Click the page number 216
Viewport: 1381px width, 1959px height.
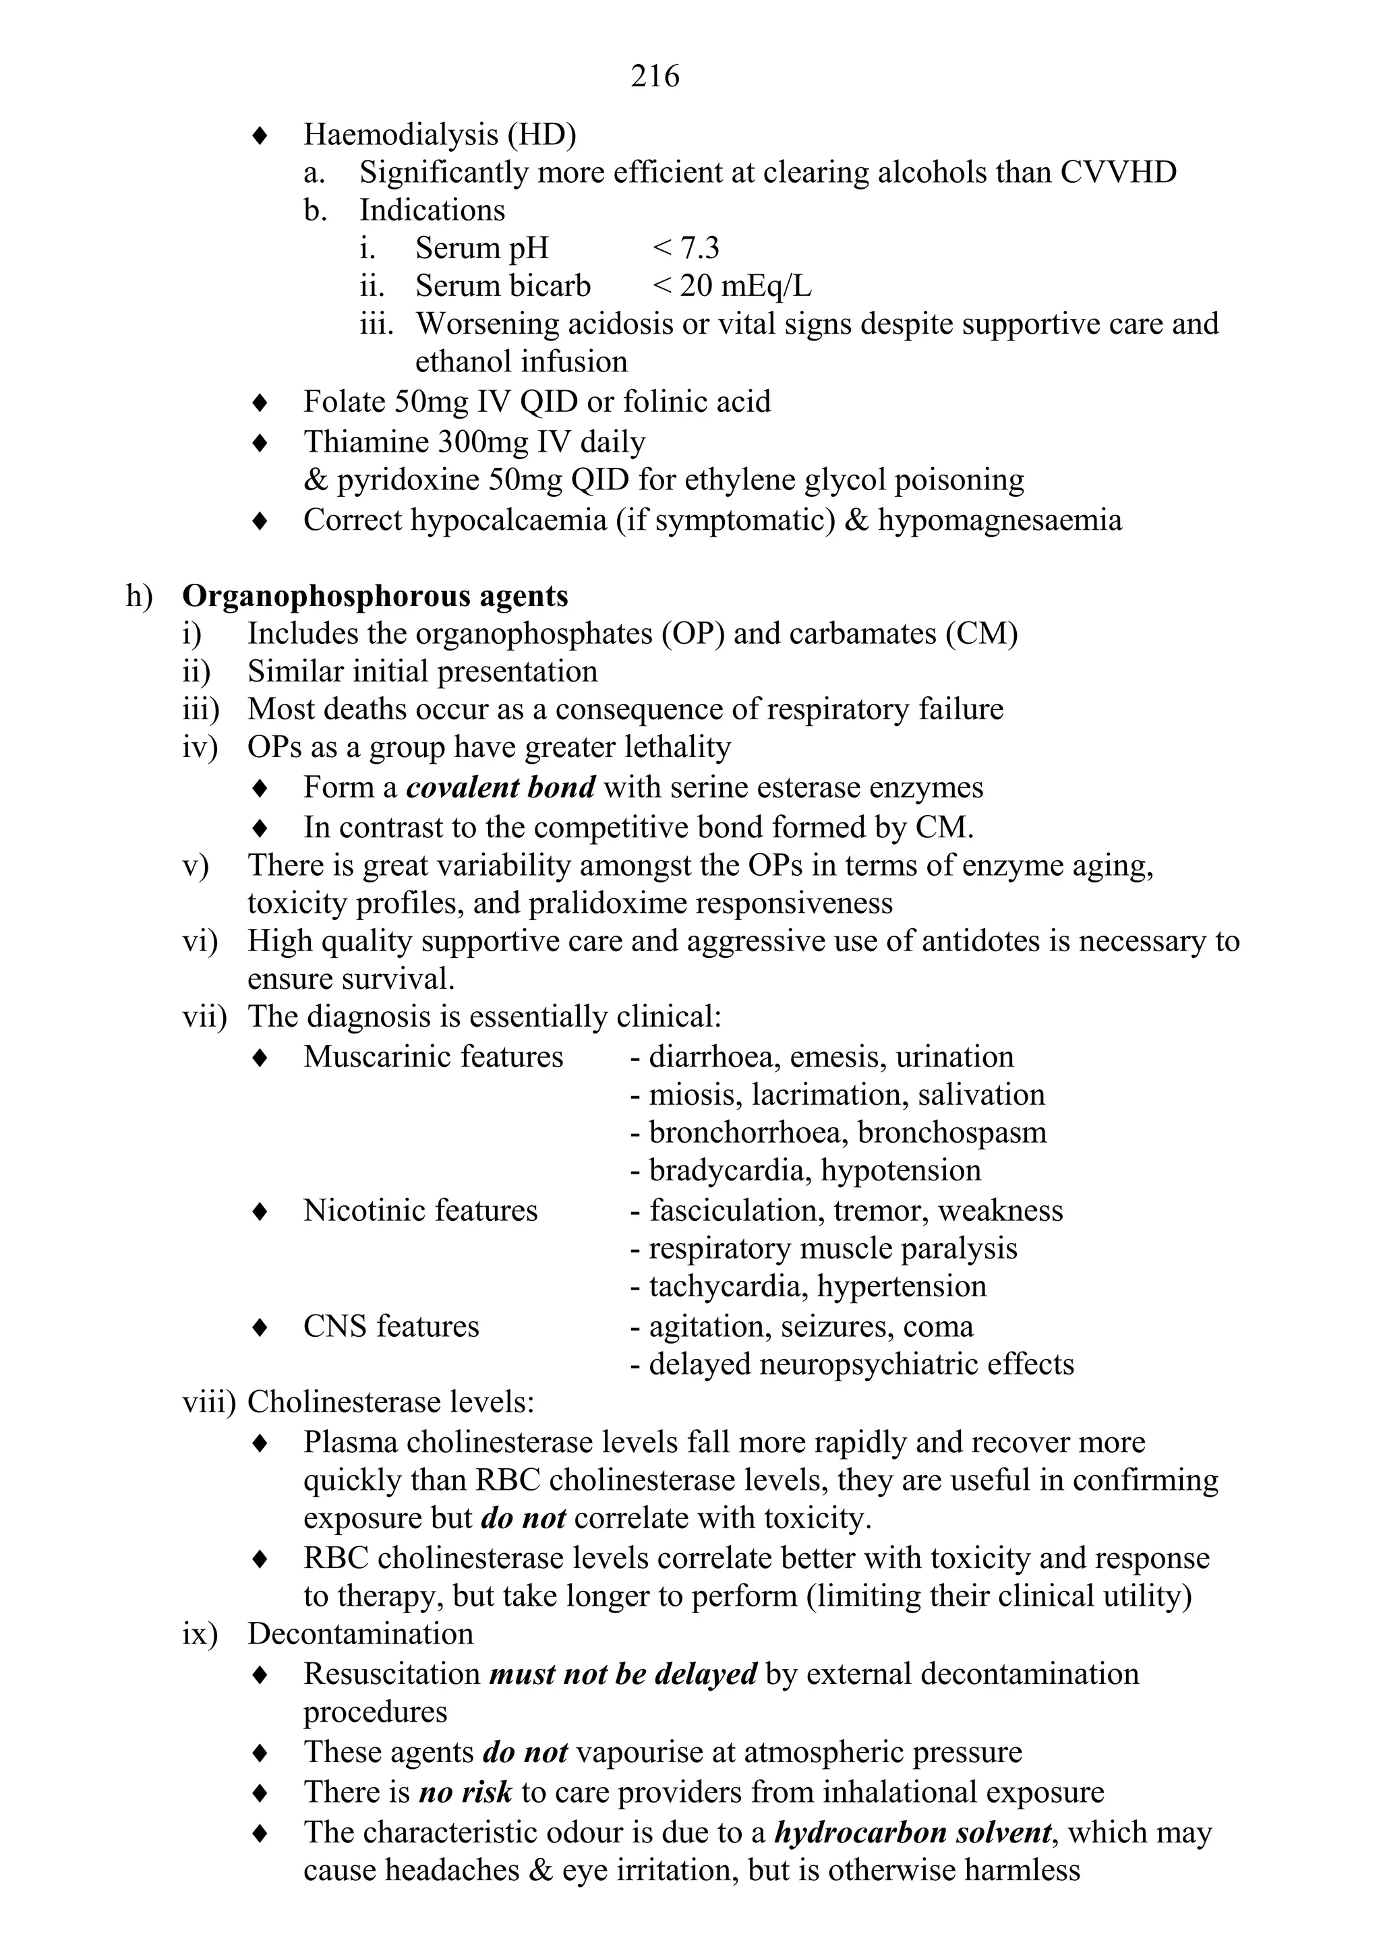click(655, 77)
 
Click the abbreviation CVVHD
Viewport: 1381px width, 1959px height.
click(1118, 173)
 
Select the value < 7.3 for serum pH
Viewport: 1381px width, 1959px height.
click(685, 248)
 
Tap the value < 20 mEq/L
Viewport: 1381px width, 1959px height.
click(732, 286)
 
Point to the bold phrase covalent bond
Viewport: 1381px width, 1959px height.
click(500, 787)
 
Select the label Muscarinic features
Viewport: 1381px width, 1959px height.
click(433, 1057)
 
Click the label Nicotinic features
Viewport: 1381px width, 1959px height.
click(420, 1211)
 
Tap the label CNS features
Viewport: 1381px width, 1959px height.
click(391, 1326)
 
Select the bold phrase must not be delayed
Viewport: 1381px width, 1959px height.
click(622, 1674)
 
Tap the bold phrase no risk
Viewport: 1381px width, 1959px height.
click(465, 1792)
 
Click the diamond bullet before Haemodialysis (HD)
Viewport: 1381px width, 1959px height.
click(260, 135)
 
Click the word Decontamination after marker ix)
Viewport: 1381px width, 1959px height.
click(360, 1634)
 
